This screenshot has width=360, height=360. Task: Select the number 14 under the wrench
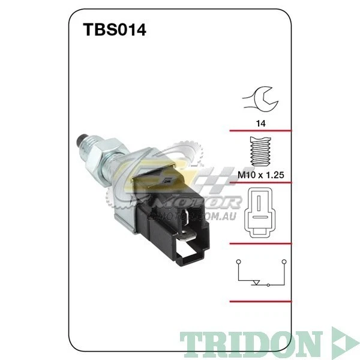(x=260, y=123)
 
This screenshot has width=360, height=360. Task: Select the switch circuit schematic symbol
(x=260, y=272)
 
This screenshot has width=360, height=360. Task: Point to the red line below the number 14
(x=260, y=130)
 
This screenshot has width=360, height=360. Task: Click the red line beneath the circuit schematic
(x=260, y=301)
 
